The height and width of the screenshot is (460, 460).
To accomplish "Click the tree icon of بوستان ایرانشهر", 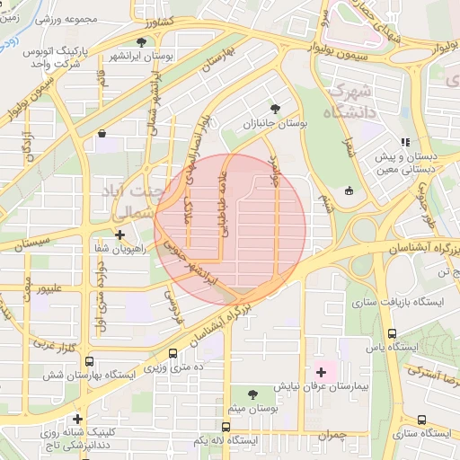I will (141, 41).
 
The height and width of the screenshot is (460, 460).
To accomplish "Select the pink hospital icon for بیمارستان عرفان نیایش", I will (321, 371).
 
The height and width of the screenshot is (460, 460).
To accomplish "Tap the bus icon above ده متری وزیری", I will (172, 354).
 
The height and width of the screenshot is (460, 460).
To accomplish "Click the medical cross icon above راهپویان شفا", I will (119, 234).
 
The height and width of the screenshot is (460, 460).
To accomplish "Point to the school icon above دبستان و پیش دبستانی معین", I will (405, 141).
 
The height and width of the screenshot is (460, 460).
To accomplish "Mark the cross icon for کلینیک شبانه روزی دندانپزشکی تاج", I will (79, 419).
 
